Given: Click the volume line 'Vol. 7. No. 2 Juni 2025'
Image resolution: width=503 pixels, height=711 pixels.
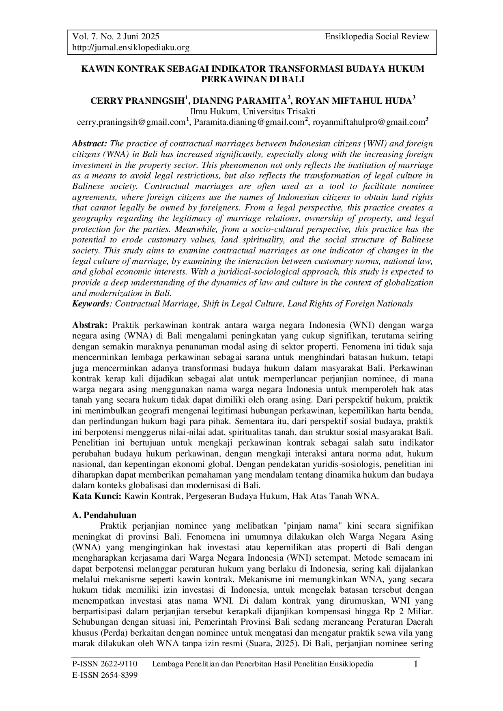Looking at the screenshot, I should click(116, 37).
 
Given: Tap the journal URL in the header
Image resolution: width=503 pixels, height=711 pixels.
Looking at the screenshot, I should click(131, 48).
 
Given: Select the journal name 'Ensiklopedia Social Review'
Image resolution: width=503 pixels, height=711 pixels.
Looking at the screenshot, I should click(377, 37).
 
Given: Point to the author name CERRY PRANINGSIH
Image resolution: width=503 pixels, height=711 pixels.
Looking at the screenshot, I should click(137, 101).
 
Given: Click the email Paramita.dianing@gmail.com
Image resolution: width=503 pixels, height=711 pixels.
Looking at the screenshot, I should click(249, 122).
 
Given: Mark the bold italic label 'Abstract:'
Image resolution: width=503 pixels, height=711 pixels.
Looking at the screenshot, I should click(89, 144).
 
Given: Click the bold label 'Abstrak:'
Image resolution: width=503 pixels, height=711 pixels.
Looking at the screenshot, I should click(90, 325).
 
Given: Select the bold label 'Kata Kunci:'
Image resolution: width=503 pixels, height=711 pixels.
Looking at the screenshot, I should click(97, 496).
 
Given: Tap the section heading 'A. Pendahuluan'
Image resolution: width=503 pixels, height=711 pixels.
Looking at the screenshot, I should click(104, 515).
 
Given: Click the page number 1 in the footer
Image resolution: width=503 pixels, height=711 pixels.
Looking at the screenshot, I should click(415, 665).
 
